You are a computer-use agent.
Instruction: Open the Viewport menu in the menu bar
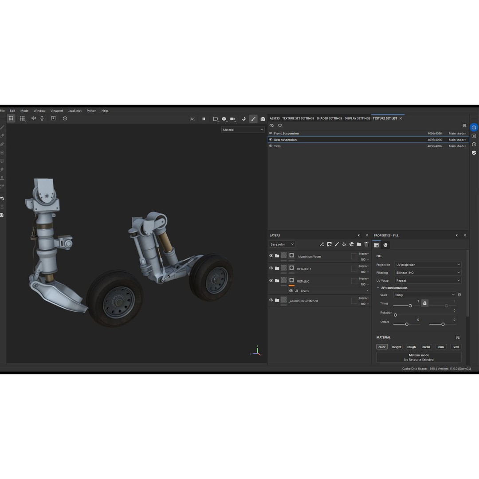(57, 111)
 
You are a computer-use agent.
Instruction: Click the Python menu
(91, 111)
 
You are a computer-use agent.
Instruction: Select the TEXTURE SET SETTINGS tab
(298, 118)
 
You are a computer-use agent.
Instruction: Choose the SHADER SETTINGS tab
(329, 118)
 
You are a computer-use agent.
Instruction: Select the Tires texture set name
(277, 146)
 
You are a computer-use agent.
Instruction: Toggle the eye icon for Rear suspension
(271, 140)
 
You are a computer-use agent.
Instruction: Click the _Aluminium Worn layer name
(309, 257)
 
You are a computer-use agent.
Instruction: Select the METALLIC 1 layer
(304, 269)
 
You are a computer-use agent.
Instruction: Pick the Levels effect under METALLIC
(304, 291)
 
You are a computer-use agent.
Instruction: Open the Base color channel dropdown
(282, 244)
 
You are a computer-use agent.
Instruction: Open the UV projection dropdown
(428, 265)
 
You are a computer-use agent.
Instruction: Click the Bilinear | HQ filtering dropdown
(428, 273)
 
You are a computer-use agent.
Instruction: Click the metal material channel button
(426, 347)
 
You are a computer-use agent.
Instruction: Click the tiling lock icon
(424, 303)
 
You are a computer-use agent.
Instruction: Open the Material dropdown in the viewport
(243, 130)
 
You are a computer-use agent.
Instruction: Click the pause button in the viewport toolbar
(204, 119)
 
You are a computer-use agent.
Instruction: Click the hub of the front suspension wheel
(118, 302)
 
